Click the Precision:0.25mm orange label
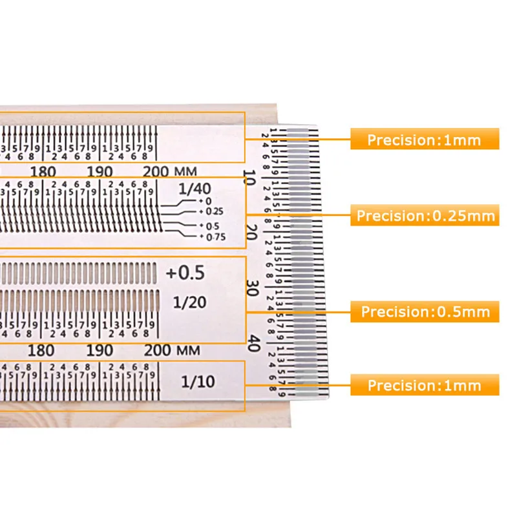coord(426,215)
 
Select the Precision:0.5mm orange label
coord(426,312)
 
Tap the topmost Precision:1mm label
coord(425,140)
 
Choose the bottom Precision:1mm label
coord(425,386)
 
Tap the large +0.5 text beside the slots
coord(185,273)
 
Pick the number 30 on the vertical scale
coord(253,287)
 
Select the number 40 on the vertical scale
coord(253,342)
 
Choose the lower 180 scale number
coord(43,351)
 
